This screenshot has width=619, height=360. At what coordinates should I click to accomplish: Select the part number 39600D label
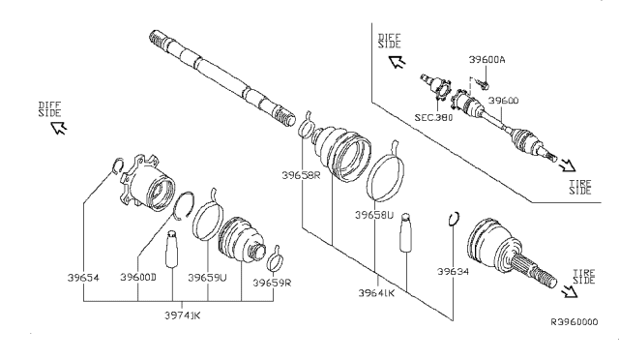pos(139,278)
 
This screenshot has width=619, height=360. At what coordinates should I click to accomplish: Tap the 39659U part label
pos(207,278)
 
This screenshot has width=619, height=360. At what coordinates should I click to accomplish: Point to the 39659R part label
pos(272,284)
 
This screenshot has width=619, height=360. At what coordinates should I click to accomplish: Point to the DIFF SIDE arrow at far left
pos(59,127)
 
